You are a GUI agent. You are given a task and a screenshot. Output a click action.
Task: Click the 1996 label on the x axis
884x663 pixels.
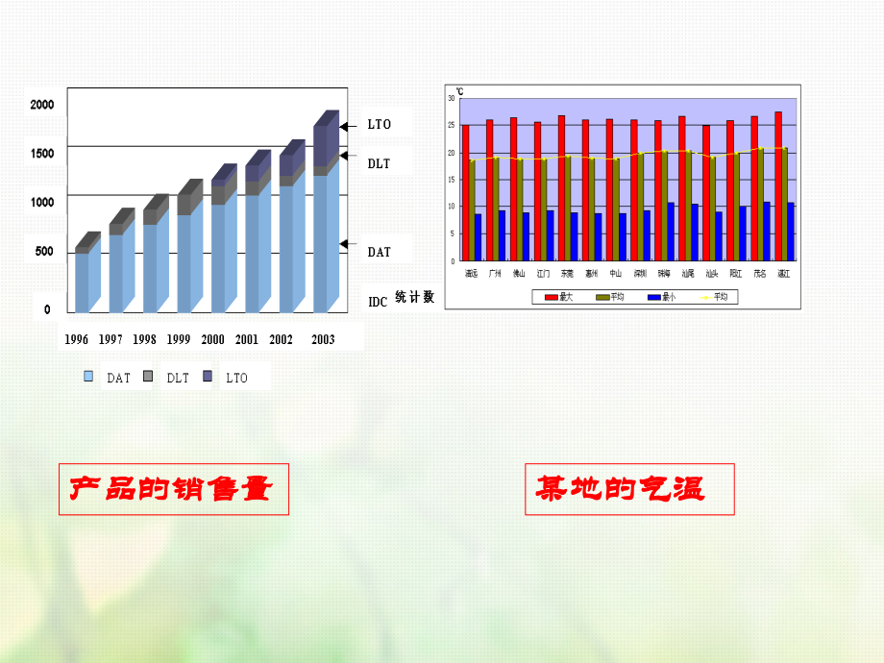tap(77, 339)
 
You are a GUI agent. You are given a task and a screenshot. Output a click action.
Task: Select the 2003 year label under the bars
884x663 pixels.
tap(323, 339)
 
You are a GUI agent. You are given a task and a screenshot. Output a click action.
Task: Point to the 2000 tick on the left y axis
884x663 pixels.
tap(42, 104)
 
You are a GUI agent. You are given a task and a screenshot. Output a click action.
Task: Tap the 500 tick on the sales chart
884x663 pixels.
tap(44, 252)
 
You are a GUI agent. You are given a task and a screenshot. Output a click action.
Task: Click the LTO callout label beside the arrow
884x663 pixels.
tap(380, 125)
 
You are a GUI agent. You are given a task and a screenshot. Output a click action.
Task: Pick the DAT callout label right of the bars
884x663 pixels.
tap(380, 252)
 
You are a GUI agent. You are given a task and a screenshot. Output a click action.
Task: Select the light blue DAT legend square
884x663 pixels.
tap(88, 377)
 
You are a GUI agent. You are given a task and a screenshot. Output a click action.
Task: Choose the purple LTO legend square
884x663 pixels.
tap(208, 377)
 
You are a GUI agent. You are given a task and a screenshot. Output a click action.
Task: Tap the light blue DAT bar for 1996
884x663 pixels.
tap(83, 281)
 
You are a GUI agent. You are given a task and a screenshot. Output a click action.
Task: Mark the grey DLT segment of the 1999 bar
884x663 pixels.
tap(184, 205)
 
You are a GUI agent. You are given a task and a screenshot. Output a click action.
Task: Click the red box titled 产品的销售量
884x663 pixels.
tap(173, 490)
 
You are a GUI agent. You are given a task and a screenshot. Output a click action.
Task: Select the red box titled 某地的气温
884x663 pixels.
tap(629, 490)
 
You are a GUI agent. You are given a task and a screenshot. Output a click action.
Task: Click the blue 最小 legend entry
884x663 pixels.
tap(662, 298)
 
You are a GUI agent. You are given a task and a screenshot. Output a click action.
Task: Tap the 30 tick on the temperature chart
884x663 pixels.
tap(452, 98)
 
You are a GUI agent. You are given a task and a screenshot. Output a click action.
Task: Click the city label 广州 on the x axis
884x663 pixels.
tap(495, 274)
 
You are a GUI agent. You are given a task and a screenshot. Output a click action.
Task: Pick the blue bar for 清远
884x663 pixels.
tap(478, 236)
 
